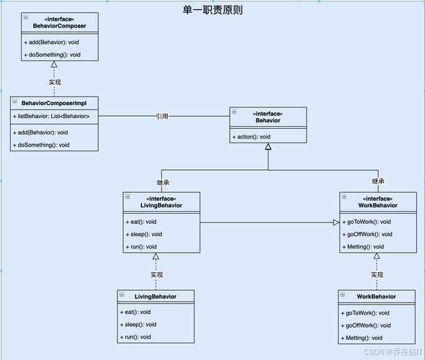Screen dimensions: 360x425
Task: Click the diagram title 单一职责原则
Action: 212,9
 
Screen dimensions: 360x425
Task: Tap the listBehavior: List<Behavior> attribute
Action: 51,116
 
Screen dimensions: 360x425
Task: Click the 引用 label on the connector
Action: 162,116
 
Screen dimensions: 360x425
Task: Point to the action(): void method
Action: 252,137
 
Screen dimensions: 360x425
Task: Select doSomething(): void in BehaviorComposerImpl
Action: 41,145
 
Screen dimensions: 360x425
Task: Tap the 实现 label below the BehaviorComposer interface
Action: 55,82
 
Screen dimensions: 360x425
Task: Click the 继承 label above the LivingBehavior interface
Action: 163,181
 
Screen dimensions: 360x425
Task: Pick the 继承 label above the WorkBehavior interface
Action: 377,181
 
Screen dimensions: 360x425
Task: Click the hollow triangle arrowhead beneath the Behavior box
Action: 268,147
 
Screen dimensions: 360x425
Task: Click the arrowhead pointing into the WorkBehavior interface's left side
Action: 335,222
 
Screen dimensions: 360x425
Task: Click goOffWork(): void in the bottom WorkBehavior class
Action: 367,325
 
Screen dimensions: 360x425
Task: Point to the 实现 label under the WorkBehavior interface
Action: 377,274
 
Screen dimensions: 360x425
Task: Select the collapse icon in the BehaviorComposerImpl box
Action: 16,103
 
